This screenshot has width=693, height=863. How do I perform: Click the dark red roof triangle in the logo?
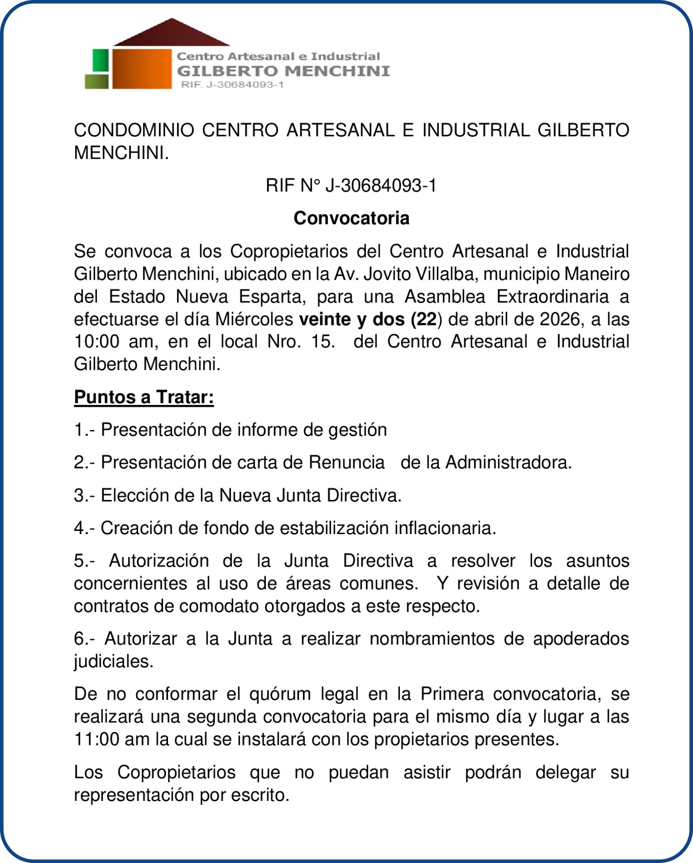tap(172, 34)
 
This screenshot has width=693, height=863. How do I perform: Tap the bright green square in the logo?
tap(101, 60)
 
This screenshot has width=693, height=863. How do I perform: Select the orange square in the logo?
tap(142, 68)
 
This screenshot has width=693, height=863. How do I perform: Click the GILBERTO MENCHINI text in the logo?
tap(283, 71)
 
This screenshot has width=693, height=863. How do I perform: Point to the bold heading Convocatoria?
tap(351, 218)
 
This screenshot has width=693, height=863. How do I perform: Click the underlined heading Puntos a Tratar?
tap(144, 397)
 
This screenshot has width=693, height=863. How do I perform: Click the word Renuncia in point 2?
tap(346, 462)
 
